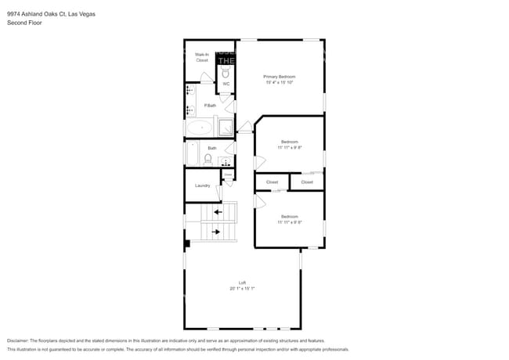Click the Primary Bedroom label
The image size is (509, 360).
(279, 76)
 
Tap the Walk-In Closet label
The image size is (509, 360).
(202, 57)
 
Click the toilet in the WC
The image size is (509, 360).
(226, 72)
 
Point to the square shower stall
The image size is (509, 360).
(225, 128)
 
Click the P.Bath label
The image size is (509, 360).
(210, 106)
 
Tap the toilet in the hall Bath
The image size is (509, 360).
(208, 159)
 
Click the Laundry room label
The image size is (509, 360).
(202, 185)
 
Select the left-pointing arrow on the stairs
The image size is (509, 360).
(218, 211)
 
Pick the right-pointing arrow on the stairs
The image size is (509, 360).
(217, 232)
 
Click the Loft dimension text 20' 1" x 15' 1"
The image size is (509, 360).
(243, 289)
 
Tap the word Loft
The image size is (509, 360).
(243, 283)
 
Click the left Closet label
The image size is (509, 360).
(272, 182)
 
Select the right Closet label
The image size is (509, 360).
(307, 182)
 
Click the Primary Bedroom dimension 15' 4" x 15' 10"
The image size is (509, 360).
(279, 82)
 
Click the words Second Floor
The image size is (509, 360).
(24, 23)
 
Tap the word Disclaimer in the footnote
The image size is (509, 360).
(21, 341)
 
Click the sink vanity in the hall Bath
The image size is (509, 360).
(226, 162)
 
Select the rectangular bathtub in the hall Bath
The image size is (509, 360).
(190, 153)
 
